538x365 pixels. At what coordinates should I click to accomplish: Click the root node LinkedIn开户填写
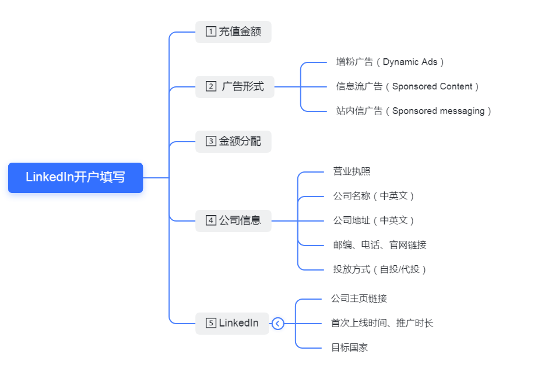coord(75,177)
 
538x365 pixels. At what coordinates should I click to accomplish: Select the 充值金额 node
coord(233,32)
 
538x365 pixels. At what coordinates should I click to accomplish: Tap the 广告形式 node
coord(234,87)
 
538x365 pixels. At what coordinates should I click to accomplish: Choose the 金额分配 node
coord(233,141)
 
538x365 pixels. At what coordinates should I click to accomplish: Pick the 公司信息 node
coord(233,220)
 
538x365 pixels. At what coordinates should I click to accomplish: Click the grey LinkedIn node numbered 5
coord(232,323)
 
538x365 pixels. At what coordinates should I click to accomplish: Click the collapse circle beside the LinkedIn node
coord(277,323)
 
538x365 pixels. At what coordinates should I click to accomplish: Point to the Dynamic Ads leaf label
coord(390,62)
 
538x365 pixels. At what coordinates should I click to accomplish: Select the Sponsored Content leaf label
coord(407,86)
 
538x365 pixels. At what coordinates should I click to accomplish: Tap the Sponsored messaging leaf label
coord(414,111)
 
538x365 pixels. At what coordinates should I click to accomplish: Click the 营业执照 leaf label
coord(351,171)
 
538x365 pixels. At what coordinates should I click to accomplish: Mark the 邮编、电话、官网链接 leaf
coord(379,245)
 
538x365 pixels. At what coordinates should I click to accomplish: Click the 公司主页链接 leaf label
coord(358,299)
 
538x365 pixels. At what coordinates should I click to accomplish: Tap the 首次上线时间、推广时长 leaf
coord(382,323)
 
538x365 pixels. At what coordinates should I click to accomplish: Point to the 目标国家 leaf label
coord(349,348)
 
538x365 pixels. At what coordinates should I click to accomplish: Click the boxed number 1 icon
coord(211,32)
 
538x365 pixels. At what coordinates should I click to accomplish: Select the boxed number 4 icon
coord(211,220)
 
